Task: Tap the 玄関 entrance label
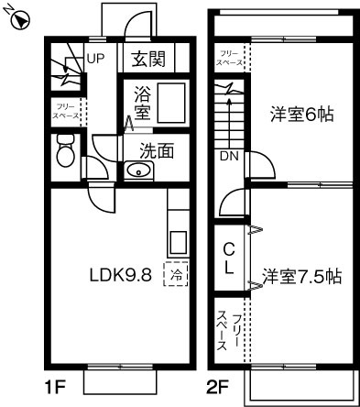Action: pyautogui.click(x=147, y=60)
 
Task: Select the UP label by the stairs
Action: pyautogui.click(x=96, y=59)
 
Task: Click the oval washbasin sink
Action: pyautogui.click(x=139, y=170)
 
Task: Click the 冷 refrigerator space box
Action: pyautogui.click(x=174, y=272)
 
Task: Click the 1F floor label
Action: pyautogui.click(x=54, y=387)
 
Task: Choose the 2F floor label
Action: pyautogui.click(x=218, y=387)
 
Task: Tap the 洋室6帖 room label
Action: pyautogui.click(x=300, y=115)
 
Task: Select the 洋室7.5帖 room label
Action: pyautogui.click(x=301, y=275)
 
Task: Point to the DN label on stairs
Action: pyautogui.click(x=228, y=156)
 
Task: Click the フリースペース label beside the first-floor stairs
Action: pyautogui.click(x=65, y=112)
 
